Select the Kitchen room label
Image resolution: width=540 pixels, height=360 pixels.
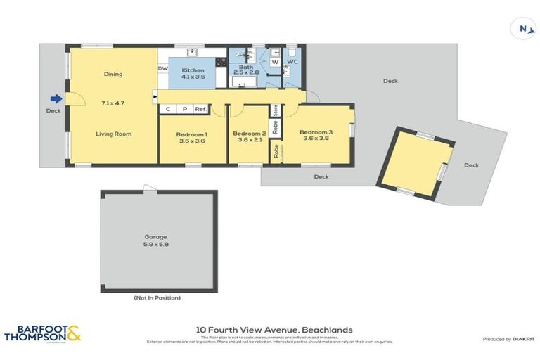193,70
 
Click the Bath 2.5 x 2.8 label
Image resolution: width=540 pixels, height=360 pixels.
247,68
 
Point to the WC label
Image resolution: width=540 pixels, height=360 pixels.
293,61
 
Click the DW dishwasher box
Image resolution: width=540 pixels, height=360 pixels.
162,69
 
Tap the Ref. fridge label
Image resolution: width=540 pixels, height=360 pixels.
200,109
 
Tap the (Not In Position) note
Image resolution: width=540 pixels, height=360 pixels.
157,298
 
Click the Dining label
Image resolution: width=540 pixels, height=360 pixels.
113,74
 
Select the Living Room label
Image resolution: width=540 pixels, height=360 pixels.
113,134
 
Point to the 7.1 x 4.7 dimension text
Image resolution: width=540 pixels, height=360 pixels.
113,103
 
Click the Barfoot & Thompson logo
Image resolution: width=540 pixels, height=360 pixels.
42,333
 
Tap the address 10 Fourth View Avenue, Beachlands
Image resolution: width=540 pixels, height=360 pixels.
274,329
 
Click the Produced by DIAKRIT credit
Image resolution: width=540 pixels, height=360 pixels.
507,339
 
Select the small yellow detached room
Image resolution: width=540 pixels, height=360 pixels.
414,162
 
